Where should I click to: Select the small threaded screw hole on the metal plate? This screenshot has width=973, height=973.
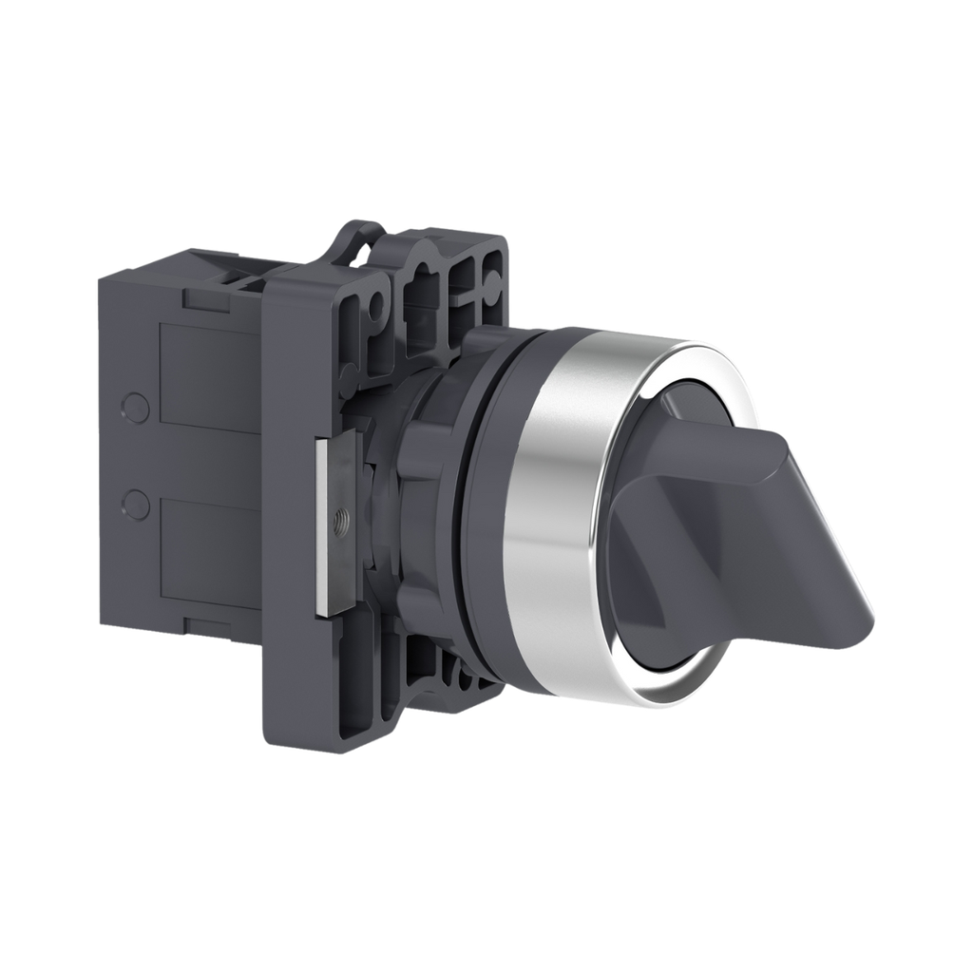pyautogui.click(x=343, y=520)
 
